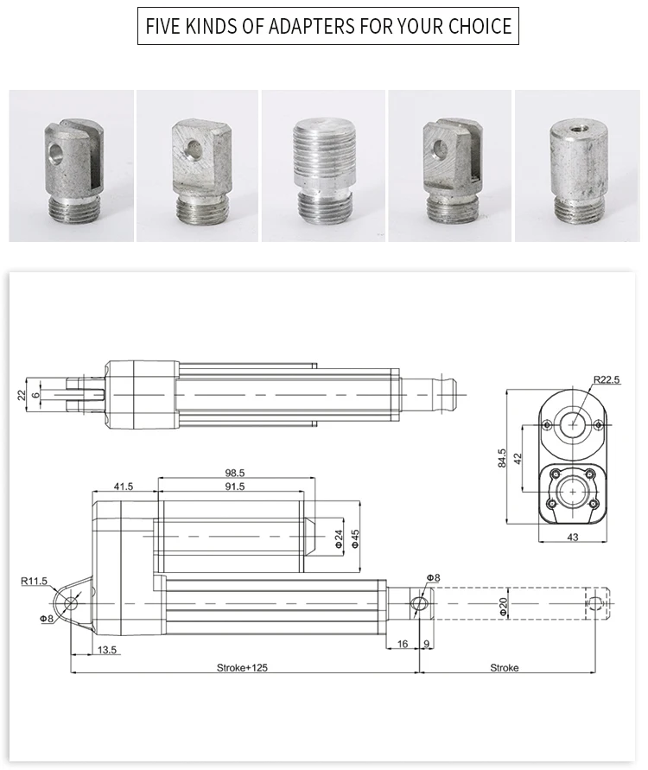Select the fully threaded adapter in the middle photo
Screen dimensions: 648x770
tap(323, 170)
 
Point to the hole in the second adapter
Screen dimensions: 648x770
tap(193, 149)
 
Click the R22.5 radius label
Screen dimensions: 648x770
tap(607, 379)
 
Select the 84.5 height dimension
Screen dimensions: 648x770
tap(501, 458)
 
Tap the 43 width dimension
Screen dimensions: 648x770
tap(572, 538)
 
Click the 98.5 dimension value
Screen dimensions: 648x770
tap(235, 473)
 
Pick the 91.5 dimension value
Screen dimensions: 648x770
tap(235, 487)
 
